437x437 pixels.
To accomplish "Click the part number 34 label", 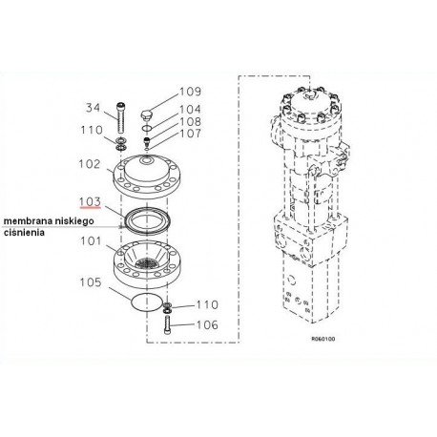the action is click(x=93, y=108).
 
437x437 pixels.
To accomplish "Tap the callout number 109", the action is click(x=190, y=92).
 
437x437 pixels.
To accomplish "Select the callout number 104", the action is click(x=190, y=110).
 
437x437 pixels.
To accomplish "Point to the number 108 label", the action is click(x=190, y=121).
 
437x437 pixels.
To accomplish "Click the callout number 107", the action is click(x=190, y=134).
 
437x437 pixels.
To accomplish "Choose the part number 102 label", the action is click(x=90, y=164).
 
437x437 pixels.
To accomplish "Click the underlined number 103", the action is click(x=90, y=201).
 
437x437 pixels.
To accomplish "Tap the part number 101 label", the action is click(x=91, y=241).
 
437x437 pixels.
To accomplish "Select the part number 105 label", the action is click(x=91, y=282).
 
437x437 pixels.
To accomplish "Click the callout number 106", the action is click(x=207, y=325).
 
